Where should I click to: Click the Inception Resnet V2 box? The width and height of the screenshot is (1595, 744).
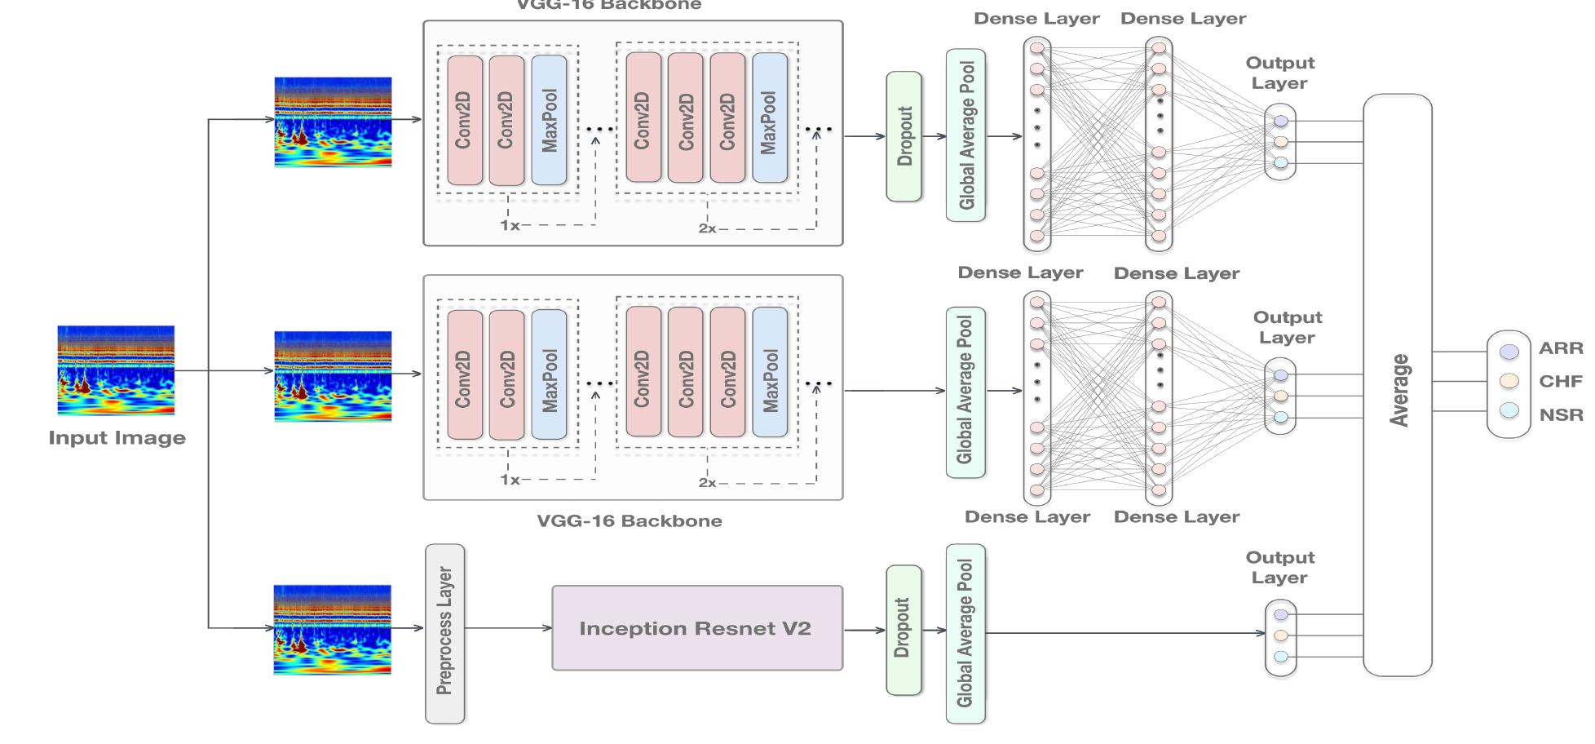point(696,628)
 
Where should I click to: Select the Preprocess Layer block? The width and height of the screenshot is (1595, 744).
point(444,633)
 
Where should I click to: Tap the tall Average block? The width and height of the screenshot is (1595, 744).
point(1398,385)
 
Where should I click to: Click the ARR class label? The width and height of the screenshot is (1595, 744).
point(1561,348)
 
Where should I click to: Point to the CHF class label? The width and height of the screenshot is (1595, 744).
point(1561,382)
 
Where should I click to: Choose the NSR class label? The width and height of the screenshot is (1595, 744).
point(1561,415)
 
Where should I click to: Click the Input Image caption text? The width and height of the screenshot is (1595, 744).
point(117,438)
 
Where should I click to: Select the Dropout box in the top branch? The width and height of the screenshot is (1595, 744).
point(904,136)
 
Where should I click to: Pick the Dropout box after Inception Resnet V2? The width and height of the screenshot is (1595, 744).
point(904,629)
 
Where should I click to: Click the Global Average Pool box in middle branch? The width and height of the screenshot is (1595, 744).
point(965,392)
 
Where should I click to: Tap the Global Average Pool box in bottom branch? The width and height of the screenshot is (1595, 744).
point(965,633)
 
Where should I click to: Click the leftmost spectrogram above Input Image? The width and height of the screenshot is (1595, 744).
point(116,370)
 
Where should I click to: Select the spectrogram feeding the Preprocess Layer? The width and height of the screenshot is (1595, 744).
point(333,629)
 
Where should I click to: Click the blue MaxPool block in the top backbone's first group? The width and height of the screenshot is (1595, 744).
point(549,121)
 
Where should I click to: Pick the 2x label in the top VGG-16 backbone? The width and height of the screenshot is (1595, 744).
point(707,229)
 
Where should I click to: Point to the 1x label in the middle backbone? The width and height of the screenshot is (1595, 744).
point(509,480)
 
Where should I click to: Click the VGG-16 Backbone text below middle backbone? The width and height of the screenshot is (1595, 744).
point(629,520)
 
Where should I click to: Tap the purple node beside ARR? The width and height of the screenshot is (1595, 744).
point(1509,352)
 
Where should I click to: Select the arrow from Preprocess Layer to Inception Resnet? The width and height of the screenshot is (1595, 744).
point(508,628)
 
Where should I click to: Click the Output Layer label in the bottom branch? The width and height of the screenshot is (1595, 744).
point(1279,568)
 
